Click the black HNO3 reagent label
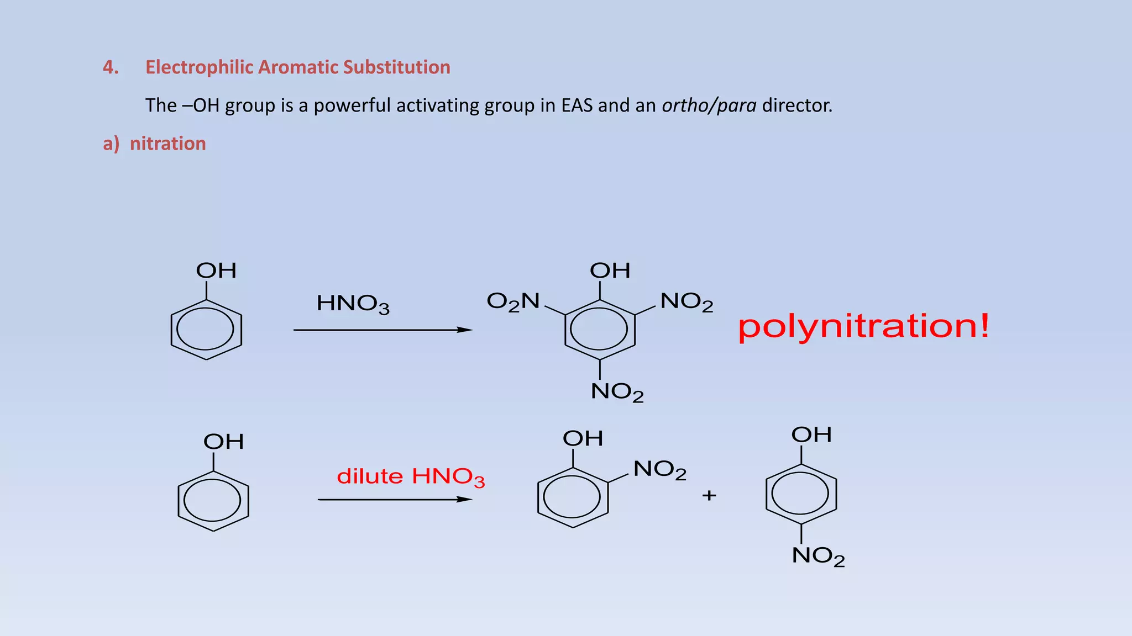pos(353,304)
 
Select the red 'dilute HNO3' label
pos(411,476)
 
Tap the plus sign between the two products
pos(709,495)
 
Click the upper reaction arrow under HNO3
pos(382,330)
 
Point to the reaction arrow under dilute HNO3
pos(395,500)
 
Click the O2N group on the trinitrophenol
pos(513,301)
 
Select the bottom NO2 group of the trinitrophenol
pos(617,392)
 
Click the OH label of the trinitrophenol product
pos(610,271)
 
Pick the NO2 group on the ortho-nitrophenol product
pos(659,470)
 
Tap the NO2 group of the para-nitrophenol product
pos(818,556)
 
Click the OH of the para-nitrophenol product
pos(811,434)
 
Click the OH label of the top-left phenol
pos(216,271)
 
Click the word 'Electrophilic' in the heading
pos(200,67)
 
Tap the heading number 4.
pos(111,67)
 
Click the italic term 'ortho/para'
pos(709,105)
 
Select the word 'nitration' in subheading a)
pos(167,144)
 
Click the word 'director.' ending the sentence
pos(797,105)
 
